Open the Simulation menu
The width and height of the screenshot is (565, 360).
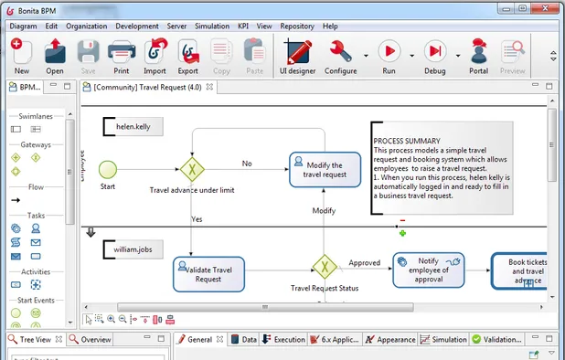coord(212,26)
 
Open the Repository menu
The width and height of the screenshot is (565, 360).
coord(297,26)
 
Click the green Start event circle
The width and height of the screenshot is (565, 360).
coord(108,169)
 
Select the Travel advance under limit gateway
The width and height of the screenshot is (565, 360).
coord(192,170)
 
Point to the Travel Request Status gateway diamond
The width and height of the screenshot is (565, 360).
coord(325,267)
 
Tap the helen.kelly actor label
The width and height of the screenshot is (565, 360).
coord(133,127)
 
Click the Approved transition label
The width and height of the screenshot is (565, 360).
coord(365,262)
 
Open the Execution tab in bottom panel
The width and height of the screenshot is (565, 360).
coord(284,339)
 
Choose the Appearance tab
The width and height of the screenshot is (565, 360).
coord(390,339)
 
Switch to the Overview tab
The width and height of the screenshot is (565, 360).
coord(91,339)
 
